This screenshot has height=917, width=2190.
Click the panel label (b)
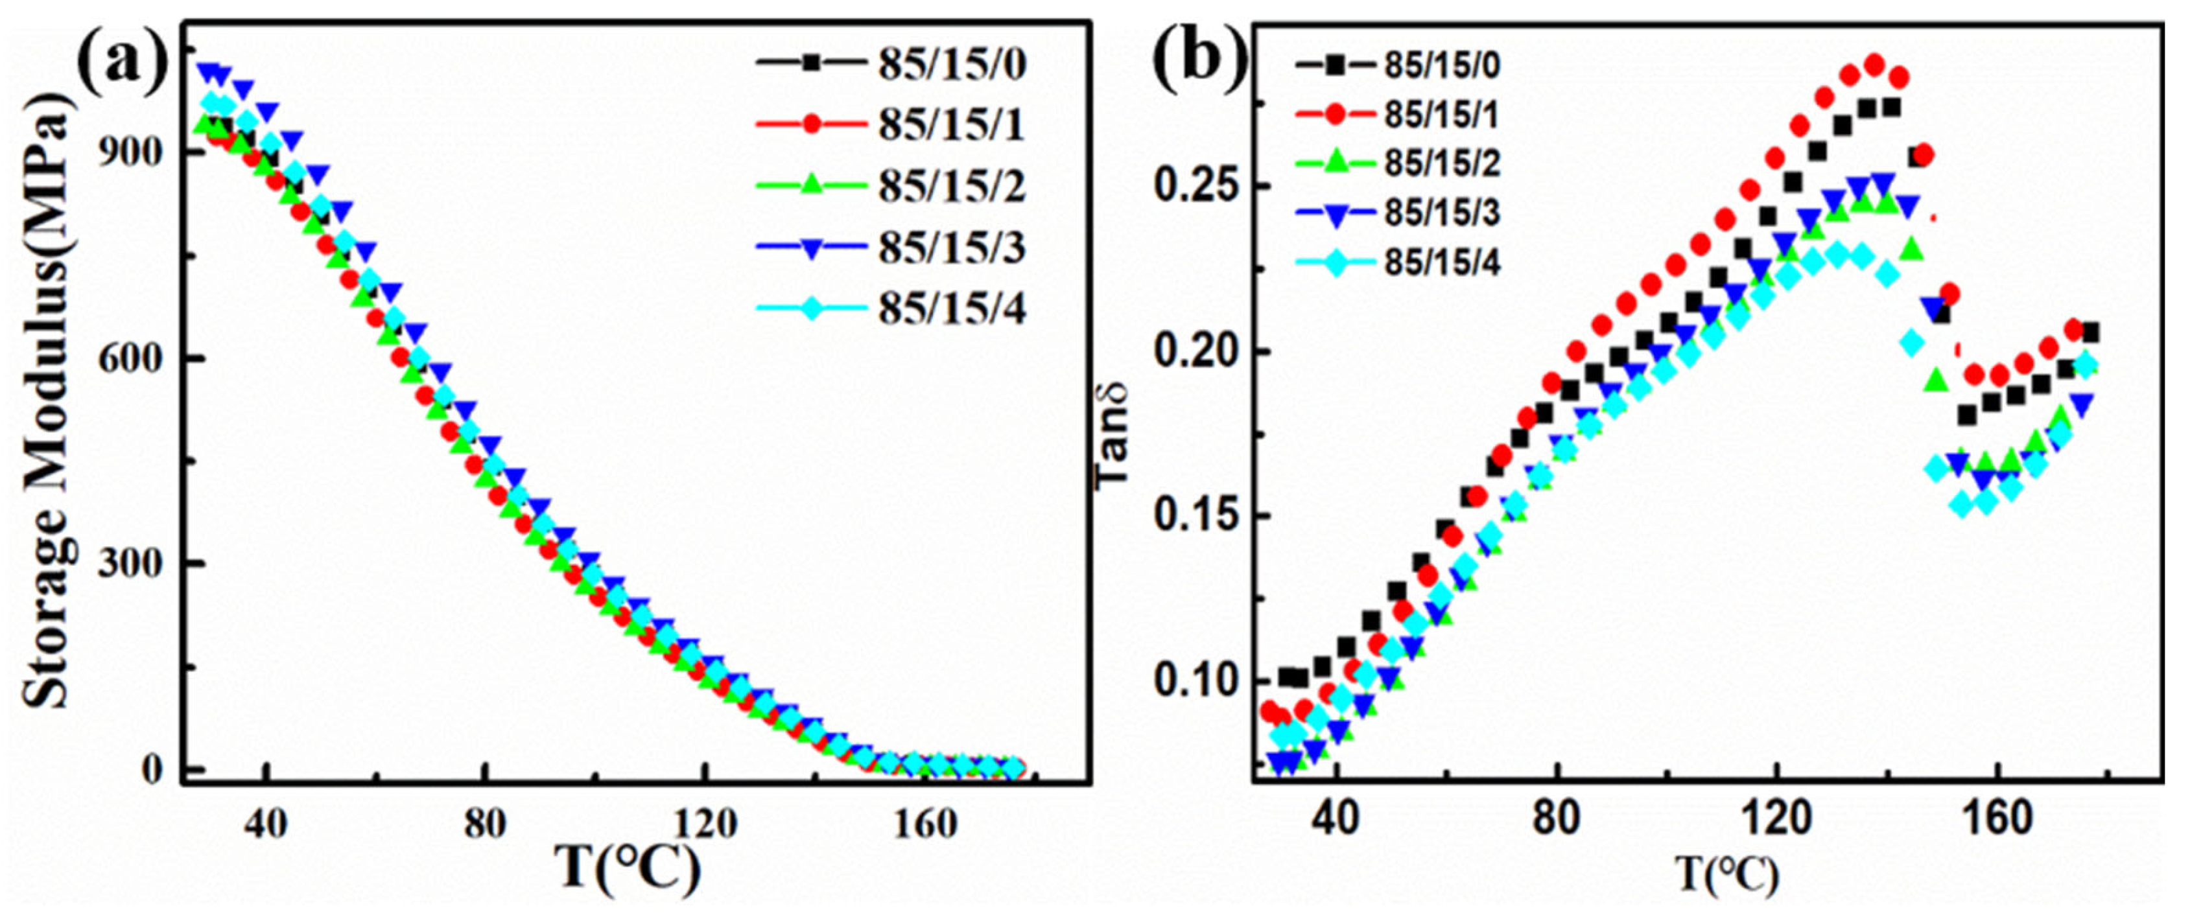click(1199, 60)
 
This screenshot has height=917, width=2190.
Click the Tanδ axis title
click(1113, 434)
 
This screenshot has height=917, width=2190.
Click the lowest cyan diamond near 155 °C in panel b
click(1962, 505)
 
